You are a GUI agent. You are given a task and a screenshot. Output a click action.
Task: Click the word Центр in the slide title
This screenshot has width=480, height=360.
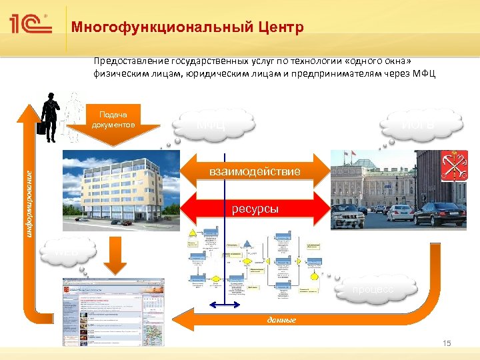click(x=280, y=28)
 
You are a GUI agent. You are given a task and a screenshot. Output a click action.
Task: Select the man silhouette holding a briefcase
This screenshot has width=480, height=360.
click(x=49, y=117)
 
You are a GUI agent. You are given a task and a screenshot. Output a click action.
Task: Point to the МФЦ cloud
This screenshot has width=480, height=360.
click(x=217, y=123)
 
